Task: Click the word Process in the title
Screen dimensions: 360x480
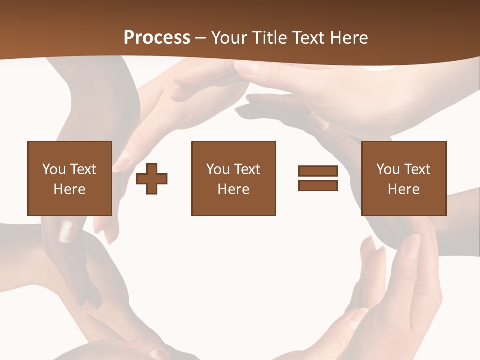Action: point(157,38)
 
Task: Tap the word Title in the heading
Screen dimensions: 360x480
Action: point(271,38)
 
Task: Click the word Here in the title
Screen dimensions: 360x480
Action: point(348,38)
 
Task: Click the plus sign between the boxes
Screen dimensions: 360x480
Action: point(152,178)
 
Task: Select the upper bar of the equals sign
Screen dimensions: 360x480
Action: point(318,171)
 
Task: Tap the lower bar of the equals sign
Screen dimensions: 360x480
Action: point(318,185)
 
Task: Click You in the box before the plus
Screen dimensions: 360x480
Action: point(53,169)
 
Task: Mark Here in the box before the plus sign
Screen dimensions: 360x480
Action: point(69,189)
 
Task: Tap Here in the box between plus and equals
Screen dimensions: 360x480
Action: point(233,189)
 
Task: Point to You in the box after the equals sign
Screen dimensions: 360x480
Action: point(388,169)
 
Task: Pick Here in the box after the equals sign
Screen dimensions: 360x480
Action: point(403,189)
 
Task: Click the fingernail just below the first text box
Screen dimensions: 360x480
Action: point(67,231)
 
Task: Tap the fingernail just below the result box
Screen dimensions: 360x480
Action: point(412,245)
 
